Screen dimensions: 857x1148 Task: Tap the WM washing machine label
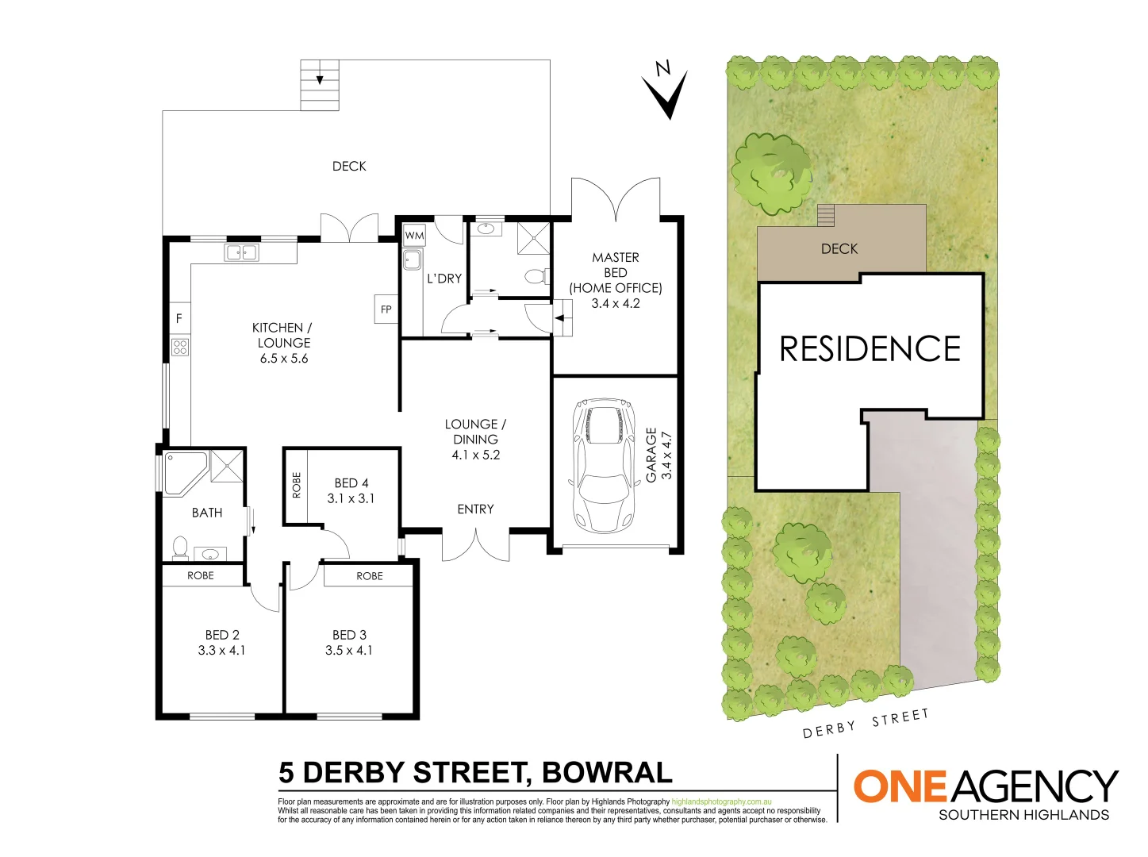point(414,236)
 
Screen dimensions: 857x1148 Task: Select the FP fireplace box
point(386,309)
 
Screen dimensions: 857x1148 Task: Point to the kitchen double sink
point(241,253)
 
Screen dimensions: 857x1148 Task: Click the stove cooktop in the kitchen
point(180,347)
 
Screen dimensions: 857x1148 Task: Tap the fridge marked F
point(179,318)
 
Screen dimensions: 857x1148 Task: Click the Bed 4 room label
point(351,482)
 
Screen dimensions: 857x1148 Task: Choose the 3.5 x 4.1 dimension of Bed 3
point(349,650)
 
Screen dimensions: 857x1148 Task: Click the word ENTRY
point(475,509)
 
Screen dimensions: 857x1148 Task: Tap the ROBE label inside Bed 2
point(201,575)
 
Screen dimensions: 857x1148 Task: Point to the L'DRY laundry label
point(443,279)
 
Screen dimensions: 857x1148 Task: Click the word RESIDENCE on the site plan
point(870,349)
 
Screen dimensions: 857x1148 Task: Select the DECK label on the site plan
point(839,249)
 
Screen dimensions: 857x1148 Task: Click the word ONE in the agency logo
point(900,786)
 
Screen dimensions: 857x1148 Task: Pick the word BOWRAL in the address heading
point(607,772)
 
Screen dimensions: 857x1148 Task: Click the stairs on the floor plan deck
point(320,85)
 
